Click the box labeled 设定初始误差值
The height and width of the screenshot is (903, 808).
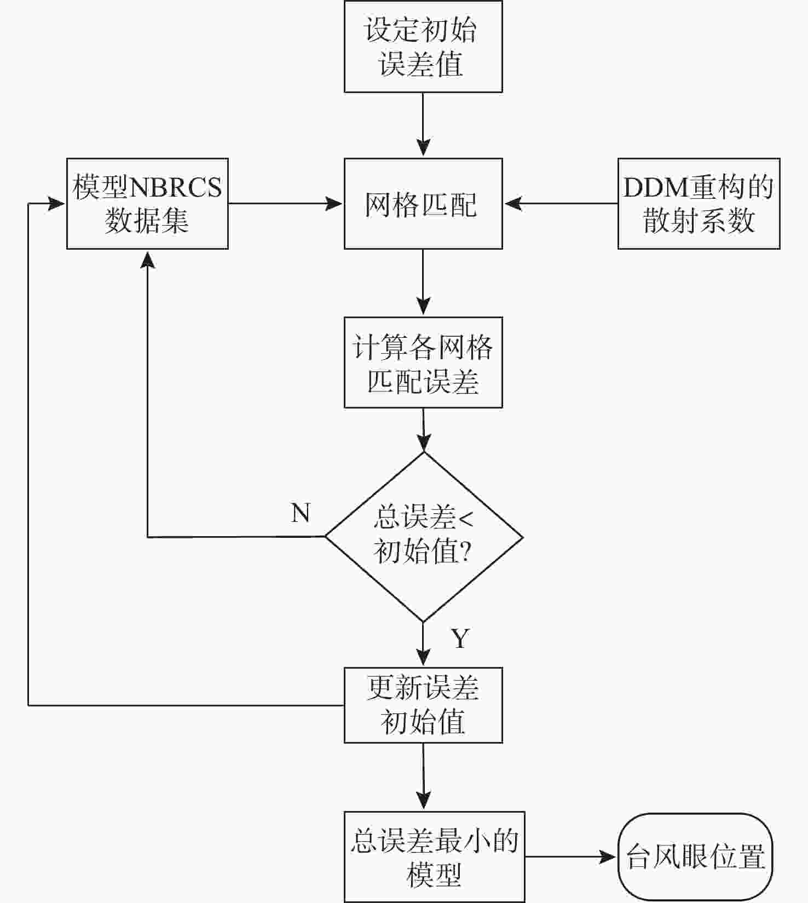(423, 47)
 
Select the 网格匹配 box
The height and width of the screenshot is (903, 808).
(423, 204)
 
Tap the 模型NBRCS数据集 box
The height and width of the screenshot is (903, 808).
(147, 204)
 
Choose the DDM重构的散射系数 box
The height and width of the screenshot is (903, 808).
(699, 204)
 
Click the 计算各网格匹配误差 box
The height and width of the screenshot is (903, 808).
(423, 363)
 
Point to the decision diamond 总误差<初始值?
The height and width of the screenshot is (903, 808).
(424, 537)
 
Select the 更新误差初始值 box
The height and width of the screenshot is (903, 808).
(423, 705)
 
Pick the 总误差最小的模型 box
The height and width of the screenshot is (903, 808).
(434, 857)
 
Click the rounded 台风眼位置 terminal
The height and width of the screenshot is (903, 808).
(695, 857)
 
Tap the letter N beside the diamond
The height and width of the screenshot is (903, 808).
(301, 513)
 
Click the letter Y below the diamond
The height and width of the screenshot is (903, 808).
(460, 639)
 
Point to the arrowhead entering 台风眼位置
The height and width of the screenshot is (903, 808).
(608, 857)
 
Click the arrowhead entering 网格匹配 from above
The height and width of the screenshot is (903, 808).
(423, 148)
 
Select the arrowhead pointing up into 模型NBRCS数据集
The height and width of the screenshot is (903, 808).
(147, 259)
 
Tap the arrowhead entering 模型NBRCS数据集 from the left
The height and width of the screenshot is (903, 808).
(56, 204)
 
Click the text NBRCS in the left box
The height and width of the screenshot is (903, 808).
(176, 187)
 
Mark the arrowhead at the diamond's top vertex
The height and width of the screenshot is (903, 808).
(424, 442)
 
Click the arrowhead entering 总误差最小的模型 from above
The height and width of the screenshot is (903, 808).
(424, 801)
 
